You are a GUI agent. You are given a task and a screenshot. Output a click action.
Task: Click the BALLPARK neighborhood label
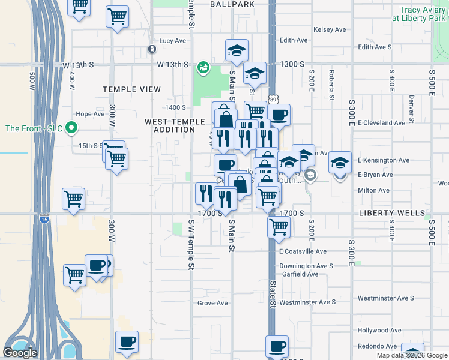point(229,4)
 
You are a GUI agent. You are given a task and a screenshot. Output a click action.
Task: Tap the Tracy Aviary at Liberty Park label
point(420,14)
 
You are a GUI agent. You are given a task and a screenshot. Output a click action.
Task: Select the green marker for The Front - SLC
point(71,128)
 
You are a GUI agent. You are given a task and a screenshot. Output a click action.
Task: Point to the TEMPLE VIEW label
point(131,89)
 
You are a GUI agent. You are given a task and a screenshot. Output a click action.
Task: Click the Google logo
point(20,353)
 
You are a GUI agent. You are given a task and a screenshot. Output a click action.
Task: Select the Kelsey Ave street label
point(330,29)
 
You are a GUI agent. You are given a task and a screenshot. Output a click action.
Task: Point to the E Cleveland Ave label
point(381,123)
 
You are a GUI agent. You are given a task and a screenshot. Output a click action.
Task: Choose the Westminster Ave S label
point(385,298)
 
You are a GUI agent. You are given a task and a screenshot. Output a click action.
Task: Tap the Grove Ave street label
point(212,303)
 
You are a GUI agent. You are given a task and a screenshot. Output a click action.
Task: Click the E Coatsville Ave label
point(303,251)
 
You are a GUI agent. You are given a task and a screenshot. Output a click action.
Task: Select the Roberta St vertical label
point(331,85)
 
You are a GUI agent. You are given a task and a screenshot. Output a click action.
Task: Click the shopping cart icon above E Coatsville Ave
point(279,226)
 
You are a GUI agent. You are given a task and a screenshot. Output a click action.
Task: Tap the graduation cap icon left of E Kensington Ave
point(340,162)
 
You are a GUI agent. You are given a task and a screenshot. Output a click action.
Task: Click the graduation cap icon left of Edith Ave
point(237,51)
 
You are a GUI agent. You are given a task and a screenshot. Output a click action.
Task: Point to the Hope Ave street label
point(91,114)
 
